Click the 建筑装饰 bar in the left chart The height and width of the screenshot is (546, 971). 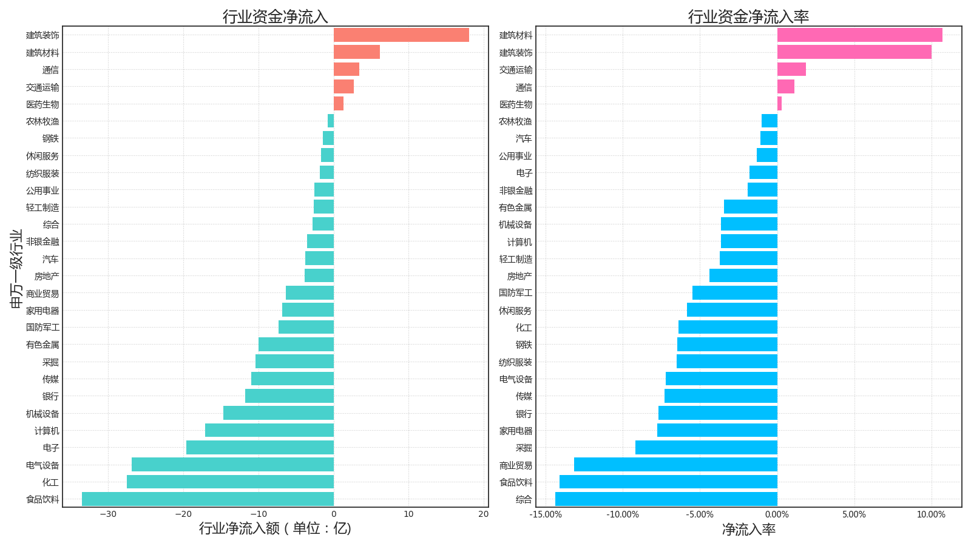coord(401,35)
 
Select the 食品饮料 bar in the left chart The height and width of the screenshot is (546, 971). coord(208,499)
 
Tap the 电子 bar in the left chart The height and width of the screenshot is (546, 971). coord(260,448)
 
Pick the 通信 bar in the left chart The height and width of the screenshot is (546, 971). coord(347,69)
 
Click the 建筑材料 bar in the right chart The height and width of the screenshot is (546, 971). coord(859,35)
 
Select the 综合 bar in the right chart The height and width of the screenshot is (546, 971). coord(666,499)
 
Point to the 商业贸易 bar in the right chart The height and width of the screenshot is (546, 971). coord(675,465)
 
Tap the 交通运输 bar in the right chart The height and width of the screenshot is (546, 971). coord(791,69)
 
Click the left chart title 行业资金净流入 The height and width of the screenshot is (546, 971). coord(275,16)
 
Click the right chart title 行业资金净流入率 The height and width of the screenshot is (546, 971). coord(748,16)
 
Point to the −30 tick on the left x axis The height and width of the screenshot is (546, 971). coord(108,514)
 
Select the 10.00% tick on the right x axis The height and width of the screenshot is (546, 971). coord(931,514)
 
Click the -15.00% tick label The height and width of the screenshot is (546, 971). coord(546,514)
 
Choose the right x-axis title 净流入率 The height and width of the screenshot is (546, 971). coord(748,530)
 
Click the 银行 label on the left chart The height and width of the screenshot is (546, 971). coord(50,396)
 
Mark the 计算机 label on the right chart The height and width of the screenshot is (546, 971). coord(519,242)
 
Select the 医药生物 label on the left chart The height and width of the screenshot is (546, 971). coord(42,104)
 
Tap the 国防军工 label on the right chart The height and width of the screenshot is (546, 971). coord(515,293)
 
